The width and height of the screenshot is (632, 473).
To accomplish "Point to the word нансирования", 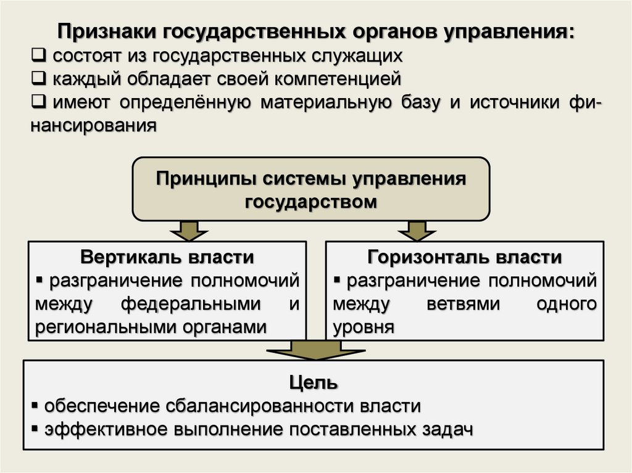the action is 94,125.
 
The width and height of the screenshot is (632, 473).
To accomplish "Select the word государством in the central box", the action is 310,202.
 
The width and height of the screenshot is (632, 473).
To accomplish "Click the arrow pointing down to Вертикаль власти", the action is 185,230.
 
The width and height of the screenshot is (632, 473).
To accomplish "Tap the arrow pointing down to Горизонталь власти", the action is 412,230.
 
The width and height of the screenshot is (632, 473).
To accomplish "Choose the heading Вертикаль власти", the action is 167,257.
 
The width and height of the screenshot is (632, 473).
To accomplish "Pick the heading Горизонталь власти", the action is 464,257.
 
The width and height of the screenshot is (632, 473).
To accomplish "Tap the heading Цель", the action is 313,383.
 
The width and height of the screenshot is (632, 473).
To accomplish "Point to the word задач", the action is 445,429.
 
